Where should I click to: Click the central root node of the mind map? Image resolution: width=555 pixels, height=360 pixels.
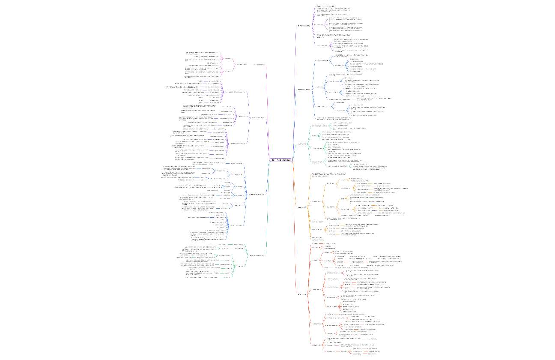[x=281, y=160]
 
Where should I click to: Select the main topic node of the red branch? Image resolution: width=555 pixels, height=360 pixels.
[x=301, y=294]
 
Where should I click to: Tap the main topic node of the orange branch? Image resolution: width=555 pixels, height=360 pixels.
[x=302, y=207]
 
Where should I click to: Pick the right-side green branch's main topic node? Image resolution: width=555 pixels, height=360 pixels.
[x=302, y=144]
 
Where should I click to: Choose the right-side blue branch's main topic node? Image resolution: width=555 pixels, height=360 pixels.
[x=304, y=90]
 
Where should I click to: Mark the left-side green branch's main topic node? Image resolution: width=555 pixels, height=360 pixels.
[x=258, y=255]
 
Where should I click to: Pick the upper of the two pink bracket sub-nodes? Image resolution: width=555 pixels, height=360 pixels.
[x=230, y=58]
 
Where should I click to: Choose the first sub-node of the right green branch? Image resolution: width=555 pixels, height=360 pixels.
[x=321, y=126]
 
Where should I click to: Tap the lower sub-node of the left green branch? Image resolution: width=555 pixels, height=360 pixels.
[x=241, y=266]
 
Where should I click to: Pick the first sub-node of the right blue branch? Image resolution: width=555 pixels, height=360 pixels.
[x=322, y=60]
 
